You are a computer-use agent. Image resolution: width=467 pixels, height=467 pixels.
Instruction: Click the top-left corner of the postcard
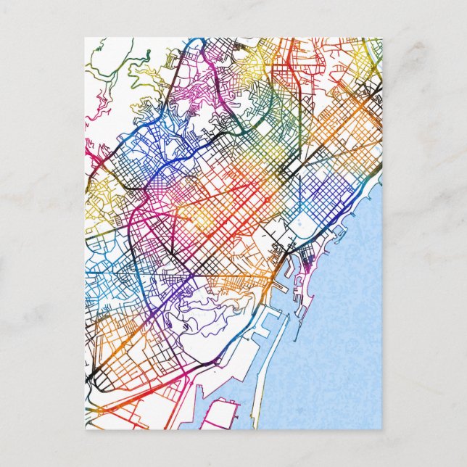85,38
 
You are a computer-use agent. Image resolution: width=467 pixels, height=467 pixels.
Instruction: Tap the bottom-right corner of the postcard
381,429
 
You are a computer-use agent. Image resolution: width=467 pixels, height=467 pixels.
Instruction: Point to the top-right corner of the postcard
381,38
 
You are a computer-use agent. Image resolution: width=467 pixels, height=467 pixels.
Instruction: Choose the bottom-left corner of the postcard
85,429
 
